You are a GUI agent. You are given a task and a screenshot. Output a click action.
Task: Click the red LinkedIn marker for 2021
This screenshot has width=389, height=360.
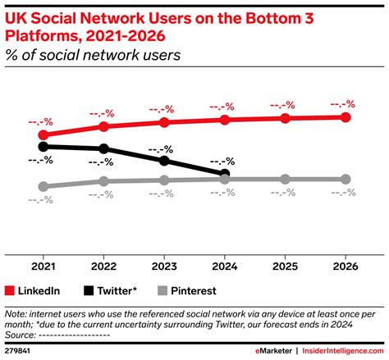pos(43,134)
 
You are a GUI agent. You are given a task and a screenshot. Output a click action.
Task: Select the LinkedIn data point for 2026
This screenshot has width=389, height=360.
pos(345,117)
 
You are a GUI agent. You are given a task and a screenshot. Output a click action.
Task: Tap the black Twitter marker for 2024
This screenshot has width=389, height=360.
pos(224,174)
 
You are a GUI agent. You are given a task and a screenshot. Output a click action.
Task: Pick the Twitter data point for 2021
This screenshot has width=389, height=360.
pos(43,147)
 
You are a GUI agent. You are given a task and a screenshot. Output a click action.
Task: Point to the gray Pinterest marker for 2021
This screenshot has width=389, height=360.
pos(43,186)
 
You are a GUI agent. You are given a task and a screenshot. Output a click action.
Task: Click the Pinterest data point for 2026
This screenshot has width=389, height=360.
pos(345,179)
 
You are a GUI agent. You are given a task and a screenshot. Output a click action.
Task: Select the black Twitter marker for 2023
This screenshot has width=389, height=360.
pos(164,160)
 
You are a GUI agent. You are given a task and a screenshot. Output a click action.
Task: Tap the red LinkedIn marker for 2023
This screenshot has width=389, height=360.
pos(164,122)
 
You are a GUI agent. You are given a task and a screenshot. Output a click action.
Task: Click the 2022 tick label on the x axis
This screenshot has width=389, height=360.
pos(103,266)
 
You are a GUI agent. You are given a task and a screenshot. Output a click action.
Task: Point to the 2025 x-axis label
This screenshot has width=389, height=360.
pos(285,266)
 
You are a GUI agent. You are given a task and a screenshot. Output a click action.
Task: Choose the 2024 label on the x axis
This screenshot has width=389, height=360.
pos(224,266)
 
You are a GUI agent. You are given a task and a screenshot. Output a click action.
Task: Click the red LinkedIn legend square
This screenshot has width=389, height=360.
pos(11,290)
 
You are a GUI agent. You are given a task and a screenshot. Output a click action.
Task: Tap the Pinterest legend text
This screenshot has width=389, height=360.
pos(194,290)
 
